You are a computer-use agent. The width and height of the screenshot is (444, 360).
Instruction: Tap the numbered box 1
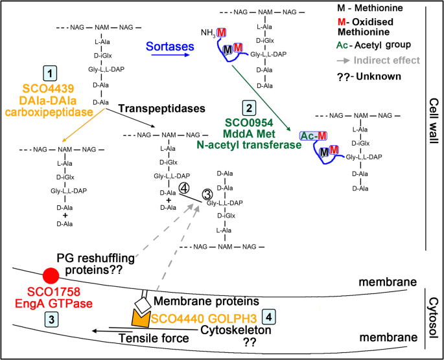pyautogui.click(x=48, y=73)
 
